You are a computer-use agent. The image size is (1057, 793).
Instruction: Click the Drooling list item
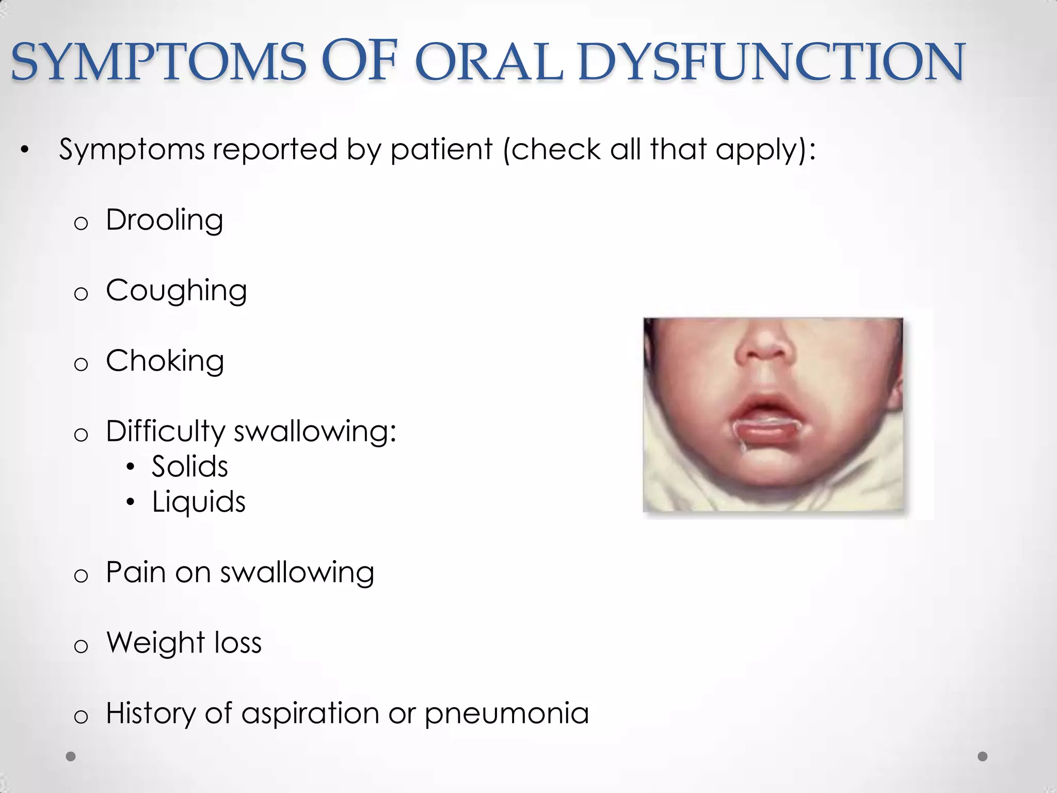tap(164, 220)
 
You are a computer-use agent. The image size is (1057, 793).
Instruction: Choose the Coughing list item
tap(176, 291)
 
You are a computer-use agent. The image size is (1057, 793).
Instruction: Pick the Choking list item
tap(165, 361)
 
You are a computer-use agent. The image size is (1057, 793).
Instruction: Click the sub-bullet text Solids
tap(189, 467)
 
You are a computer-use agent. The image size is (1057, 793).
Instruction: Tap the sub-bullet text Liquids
tap(198, 502)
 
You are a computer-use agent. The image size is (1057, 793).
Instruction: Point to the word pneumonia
tap(506, 713)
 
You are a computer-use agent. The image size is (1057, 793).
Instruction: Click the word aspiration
tap(310, 713)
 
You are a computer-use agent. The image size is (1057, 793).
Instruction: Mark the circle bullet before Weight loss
tap(81, 646)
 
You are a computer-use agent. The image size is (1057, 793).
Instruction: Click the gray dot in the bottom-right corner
tap(983, 756)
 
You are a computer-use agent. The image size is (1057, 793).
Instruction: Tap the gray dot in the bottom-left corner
tap(71, 756)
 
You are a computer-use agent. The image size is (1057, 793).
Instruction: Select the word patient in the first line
tap(441, 150)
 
